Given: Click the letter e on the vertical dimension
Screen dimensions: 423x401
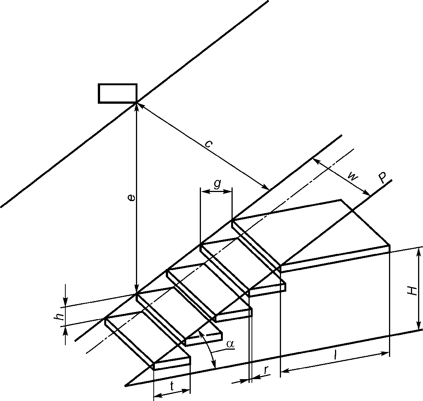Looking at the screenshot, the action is click(132, 198).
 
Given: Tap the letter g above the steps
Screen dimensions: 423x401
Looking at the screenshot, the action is click(217, 184).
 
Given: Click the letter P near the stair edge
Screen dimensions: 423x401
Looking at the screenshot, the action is click(383, 178).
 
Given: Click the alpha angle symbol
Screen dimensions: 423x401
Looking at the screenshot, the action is click(230, 344).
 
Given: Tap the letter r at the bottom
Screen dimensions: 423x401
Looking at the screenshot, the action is click(267, 370).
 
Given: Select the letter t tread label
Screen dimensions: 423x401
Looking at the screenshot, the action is click(172, 386).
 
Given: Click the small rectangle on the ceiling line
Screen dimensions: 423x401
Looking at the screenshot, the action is click(117, 93).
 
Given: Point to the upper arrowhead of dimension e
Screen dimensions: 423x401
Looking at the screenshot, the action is click(137, 107).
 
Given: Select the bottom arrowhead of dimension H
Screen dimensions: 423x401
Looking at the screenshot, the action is click(419, 325).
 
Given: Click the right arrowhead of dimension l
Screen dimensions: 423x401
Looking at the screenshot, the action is click(386, 353).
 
